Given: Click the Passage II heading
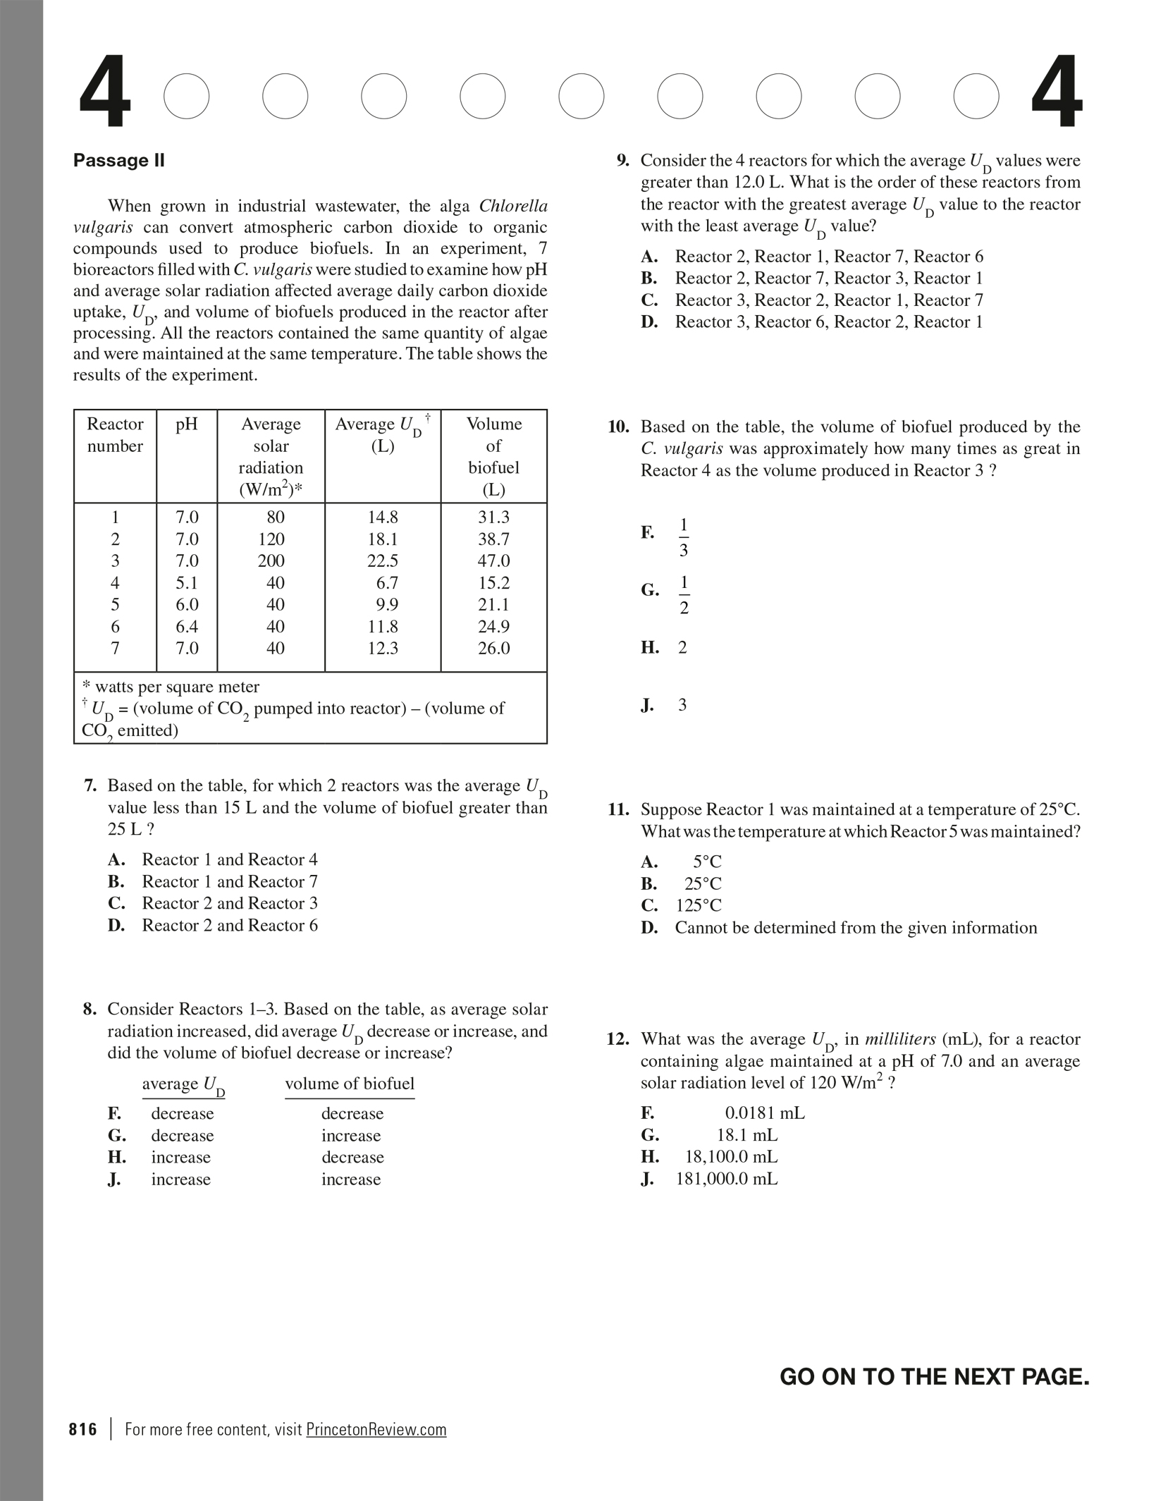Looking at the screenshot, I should coord(118,160).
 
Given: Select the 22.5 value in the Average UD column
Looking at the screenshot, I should coord(383,560).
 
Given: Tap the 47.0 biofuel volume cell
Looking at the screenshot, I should coord(493,560).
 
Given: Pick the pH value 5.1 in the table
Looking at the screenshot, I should coord(187,582).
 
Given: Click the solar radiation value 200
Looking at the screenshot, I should coord(271,560).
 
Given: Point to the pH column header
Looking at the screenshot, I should coord(187,424).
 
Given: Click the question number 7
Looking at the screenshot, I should coord(90,785).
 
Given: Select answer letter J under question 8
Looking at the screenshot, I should coord(114,1180).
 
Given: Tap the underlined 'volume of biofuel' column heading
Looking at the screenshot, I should coord(350,1084).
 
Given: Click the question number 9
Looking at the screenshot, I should coord(622,161).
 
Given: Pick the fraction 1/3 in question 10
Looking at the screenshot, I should coord(683,537).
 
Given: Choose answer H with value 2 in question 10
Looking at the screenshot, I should coord(682,647).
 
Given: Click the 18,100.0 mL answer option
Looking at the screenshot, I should coord(732,1157).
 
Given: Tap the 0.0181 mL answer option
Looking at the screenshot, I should coord(764,1113).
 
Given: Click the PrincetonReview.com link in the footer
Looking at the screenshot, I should coord(376,1429).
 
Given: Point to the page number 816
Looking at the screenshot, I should coord(83,1429).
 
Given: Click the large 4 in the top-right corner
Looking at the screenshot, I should coord(1056,94).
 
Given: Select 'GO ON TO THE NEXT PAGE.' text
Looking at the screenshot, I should coord(934,1377).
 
